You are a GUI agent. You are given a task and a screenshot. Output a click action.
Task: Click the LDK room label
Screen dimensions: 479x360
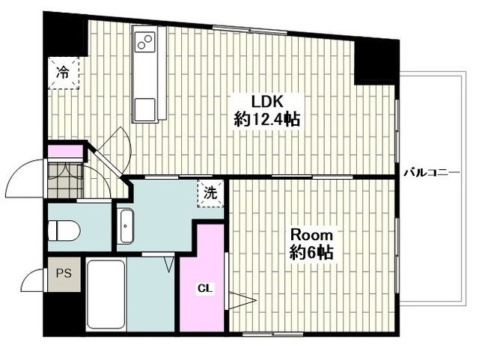268,102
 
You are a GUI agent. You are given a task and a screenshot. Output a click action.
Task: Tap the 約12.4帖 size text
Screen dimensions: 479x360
266,120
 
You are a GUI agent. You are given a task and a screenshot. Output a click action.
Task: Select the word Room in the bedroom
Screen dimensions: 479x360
311,235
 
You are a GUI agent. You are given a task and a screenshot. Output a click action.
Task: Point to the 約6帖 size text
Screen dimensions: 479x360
311,253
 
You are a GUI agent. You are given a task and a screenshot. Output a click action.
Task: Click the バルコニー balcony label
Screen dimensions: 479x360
432,173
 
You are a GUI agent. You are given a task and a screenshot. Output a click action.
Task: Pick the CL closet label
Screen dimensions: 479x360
206,288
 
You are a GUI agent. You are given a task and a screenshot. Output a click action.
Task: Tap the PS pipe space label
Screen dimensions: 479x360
64,273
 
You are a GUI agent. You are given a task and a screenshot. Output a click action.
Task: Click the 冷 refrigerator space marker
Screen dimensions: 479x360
63,73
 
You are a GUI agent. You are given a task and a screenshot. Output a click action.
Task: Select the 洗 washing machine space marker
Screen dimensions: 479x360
210,194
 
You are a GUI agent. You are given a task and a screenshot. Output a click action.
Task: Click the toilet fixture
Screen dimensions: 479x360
64,231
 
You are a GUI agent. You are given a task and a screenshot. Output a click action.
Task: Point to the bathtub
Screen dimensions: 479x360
106,294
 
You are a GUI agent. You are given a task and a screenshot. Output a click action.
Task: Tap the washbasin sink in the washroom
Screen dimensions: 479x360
125,226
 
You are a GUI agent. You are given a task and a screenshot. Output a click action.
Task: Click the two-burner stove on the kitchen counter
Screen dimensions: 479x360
144,42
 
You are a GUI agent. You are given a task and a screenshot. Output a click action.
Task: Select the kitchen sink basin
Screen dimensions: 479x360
144,109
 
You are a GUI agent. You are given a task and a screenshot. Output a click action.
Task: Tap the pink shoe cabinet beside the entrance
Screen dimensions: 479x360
65,151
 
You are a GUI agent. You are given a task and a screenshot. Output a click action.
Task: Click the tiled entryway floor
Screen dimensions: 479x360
65,180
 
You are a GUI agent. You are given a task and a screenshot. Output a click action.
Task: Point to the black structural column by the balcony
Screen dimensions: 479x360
376,62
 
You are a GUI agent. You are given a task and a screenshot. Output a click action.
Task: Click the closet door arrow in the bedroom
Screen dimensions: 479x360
242,301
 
